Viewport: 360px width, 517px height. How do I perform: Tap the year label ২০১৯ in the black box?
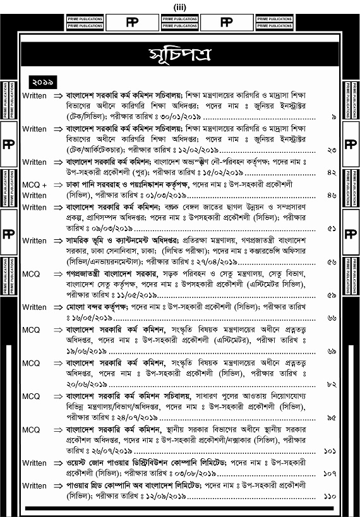(x=43, y=81)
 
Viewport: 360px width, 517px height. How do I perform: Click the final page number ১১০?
(x=330, y=497)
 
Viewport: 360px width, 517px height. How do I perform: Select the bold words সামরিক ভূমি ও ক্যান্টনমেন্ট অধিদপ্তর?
(x=127, y=241)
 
